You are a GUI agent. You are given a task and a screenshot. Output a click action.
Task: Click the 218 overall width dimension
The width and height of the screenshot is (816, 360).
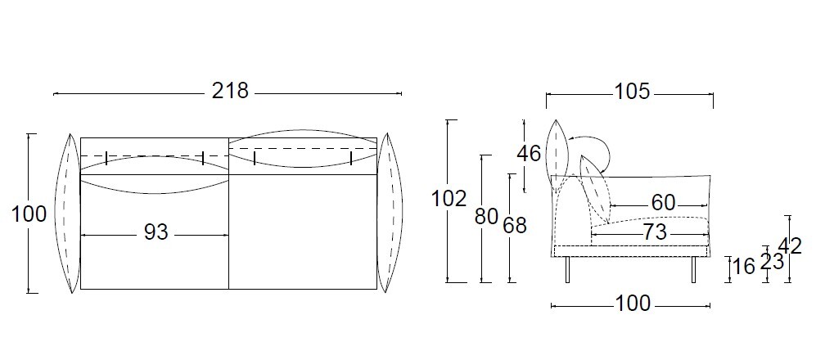coord(230,91)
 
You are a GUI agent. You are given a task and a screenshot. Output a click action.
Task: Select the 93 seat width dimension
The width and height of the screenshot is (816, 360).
coord(156,232)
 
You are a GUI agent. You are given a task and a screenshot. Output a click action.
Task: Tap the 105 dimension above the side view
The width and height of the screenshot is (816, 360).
coord(633,92)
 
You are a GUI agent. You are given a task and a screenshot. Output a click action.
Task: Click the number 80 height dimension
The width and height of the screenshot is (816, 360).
coord(487,217)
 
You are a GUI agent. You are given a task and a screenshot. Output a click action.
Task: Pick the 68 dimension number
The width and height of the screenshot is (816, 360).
coord(515,225)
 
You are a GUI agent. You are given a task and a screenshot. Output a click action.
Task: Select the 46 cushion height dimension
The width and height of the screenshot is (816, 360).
coord(529,154)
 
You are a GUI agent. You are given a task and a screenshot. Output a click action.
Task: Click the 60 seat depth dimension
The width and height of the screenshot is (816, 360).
coord(663,203)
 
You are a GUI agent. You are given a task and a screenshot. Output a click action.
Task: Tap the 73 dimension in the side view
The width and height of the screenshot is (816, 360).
coord(655,232)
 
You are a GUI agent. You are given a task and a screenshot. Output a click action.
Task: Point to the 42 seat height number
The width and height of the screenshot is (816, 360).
coord(790,245)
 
